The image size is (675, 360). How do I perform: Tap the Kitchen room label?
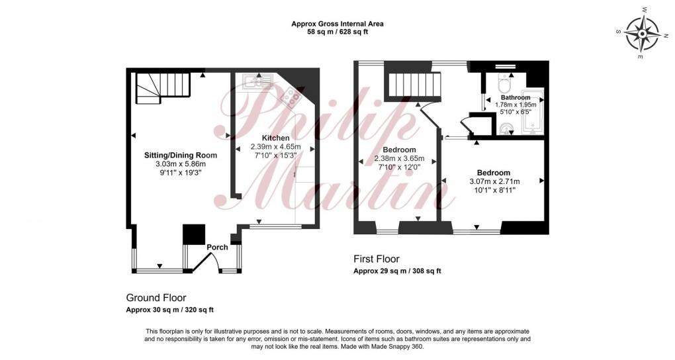[275, 138]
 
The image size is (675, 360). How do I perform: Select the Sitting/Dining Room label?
[181, 155]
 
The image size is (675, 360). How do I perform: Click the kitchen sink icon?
[254, 81]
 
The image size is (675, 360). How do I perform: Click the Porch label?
[217, 247]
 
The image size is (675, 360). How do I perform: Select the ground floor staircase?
[162, 87]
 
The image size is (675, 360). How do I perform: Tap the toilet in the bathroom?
[505, 86]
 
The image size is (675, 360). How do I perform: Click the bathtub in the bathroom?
[532, 111]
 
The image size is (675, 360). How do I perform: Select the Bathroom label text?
[516, 97]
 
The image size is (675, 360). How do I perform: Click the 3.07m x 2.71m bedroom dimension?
[494, 181]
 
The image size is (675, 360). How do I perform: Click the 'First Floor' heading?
[376, 259]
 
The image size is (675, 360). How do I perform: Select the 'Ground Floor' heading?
[156, 298]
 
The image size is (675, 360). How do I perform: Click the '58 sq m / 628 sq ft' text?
[337, 32]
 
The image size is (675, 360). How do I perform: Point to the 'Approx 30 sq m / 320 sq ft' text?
[170, 310]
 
